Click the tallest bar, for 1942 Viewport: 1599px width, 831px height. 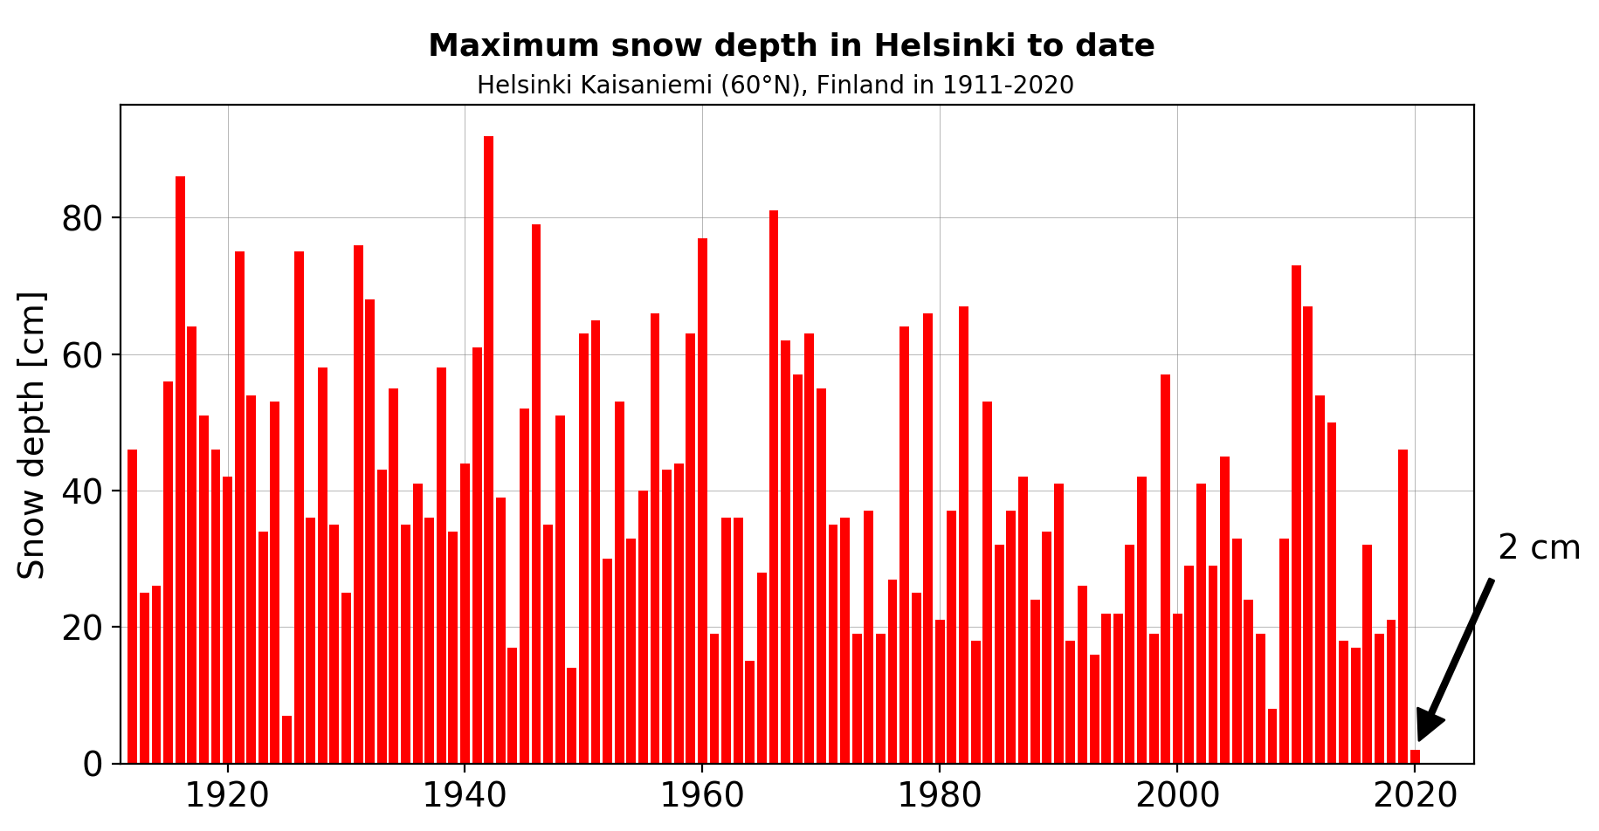(488, 450)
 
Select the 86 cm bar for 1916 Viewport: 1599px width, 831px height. (180, 470)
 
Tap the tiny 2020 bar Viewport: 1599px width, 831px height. (1415, 757)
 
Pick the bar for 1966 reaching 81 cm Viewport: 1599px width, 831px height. (774, 487)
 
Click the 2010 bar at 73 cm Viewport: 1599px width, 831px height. (1296, 514)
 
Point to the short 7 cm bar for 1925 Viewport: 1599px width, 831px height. (286, 739)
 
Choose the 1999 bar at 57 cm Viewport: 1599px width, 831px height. (1165, 569)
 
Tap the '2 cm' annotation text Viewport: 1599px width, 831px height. (1539, 548)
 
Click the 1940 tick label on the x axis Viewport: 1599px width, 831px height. (465, 796)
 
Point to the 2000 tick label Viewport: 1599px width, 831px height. (1177, 796)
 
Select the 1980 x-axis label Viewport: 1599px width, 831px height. (940, 796)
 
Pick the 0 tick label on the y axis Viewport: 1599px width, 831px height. (93, 765)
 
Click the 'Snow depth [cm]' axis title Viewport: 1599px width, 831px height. (32, 435)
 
